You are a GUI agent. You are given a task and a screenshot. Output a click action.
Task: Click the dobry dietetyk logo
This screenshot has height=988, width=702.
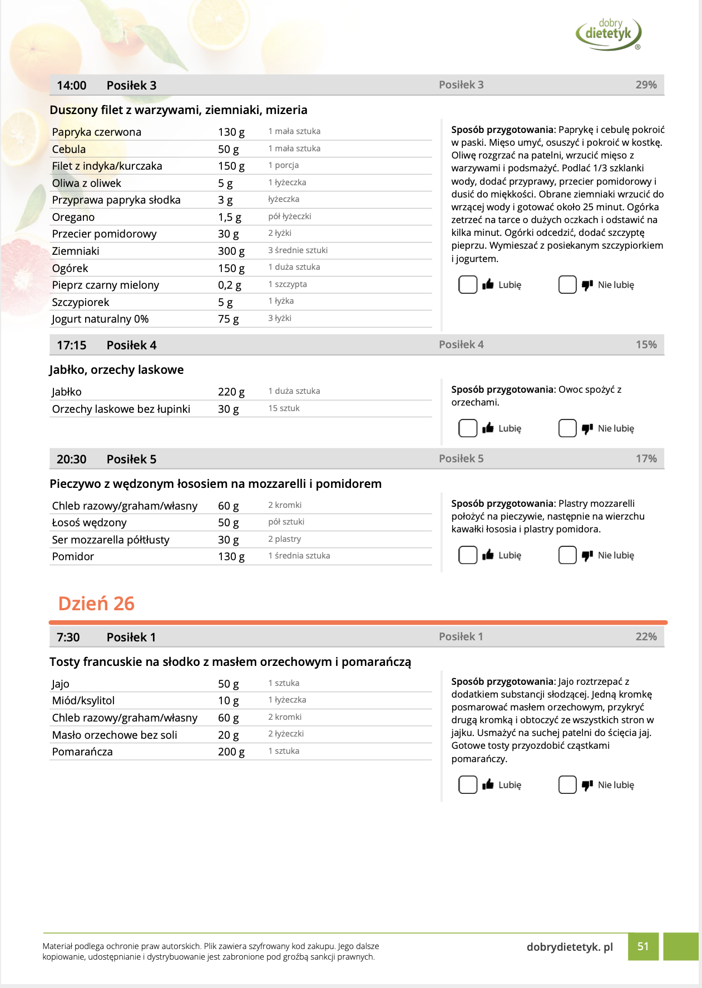(x=609, y=33)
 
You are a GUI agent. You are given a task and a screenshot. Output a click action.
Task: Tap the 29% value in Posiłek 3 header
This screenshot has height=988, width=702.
(x=646, y=85)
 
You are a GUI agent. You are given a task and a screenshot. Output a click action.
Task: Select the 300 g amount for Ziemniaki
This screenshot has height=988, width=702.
(x=231, y=251)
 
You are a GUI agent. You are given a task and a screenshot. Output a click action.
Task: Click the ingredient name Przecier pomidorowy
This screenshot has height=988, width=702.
(x=104, y=234)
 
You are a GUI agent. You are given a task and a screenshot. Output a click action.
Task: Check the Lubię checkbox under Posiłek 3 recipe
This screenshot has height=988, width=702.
(x=468, y=285)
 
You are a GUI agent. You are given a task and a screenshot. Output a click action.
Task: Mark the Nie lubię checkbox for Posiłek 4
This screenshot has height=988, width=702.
(x=567, y=428)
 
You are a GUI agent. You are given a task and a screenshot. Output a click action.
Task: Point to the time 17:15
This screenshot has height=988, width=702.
(x=71, y=345)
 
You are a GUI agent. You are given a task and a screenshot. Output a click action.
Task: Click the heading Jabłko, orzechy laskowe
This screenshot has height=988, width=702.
(x=116, y=370)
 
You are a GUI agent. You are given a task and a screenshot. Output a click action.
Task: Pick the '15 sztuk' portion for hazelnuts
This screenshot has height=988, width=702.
(x=284, y=408)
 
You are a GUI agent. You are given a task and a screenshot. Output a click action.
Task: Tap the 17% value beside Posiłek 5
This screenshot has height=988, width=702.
(x=646, y=459)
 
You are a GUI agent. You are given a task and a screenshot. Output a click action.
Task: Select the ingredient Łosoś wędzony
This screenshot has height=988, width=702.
(x=89, y=523)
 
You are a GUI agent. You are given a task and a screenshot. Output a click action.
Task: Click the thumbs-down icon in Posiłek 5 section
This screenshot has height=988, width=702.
(x=587, y=555)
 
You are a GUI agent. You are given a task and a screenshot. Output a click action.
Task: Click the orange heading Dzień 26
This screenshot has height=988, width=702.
(x=96, y=604)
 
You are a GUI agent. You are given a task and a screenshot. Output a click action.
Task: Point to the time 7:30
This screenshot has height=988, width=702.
(x=68, y=638)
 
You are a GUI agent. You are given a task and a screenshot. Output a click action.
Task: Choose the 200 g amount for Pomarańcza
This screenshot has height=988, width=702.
(x=231, y=752)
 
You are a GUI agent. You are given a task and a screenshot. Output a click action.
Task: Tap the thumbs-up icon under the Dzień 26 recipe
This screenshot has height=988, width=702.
(x=488, y=785)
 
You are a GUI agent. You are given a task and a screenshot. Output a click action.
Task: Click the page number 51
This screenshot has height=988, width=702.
(x=643, y=946)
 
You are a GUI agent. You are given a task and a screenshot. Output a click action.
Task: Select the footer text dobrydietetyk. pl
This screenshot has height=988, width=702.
(x=570, y=947)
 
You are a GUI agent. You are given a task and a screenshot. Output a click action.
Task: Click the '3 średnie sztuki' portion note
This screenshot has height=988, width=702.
(x=298, y=250)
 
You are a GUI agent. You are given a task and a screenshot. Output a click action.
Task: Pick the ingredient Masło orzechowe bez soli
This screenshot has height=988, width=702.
(x=115, y=735)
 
